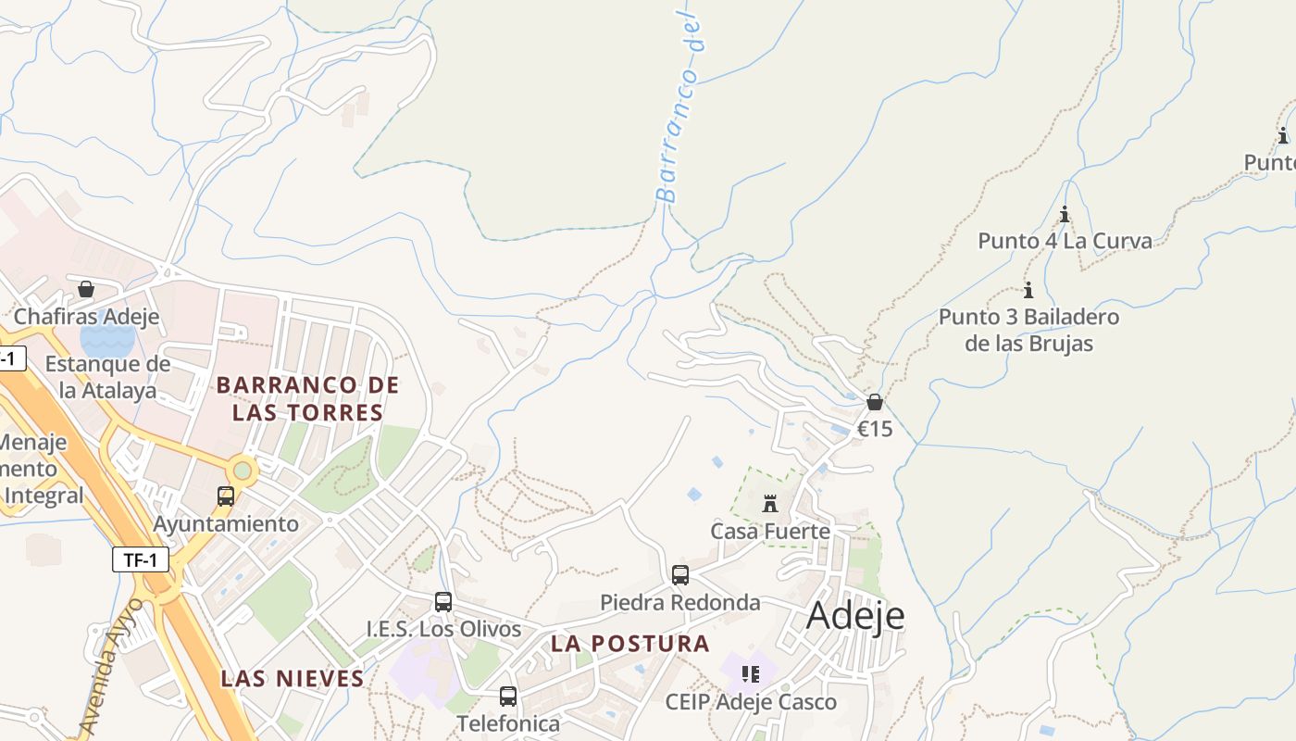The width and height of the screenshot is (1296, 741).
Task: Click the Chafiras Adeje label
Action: point(86,317)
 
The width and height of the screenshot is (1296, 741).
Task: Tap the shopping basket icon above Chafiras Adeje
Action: point(86,290)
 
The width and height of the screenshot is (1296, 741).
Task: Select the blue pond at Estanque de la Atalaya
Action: point(107,340)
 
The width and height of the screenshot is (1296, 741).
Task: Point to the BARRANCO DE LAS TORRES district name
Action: point(307,398)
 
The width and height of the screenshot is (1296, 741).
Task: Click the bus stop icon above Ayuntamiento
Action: point(226,496)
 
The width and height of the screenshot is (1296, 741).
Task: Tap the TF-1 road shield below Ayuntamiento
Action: point(141,559)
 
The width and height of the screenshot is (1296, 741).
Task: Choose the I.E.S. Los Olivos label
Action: point(443,629)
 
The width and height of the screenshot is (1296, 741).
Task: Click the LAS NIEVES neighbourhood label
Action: point(293,679)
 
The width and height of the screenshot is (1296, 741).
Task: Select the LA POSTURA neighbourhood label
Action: point(630,644)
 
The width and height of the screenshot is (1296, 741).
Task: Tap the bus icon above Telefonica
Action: point(508,697)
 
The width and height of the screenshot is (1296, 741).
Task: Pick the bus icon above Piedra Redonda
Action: point(680,575)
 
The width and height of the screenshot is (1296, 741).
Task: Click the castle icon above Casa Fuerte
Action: point(769,505)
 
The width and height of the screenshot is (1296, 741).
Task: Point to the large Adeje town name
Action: point(855,616)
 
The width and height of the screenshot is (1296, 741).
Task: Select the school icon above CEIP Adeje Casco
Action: point(751,674)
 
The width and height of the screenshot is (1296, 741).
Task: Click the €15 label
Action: point(875,429)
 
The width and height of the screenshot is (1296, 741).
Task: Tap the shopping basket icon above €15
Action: point(875,403)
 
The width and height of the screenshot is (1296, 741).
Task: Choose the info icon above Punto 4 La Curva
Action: point(1065,215)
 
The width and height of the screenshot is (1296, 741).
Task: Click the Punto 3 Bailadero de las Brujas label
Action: point(1028,330)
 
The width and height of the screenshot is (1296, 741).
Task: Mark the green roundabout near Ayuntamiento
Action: point(243,471)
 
